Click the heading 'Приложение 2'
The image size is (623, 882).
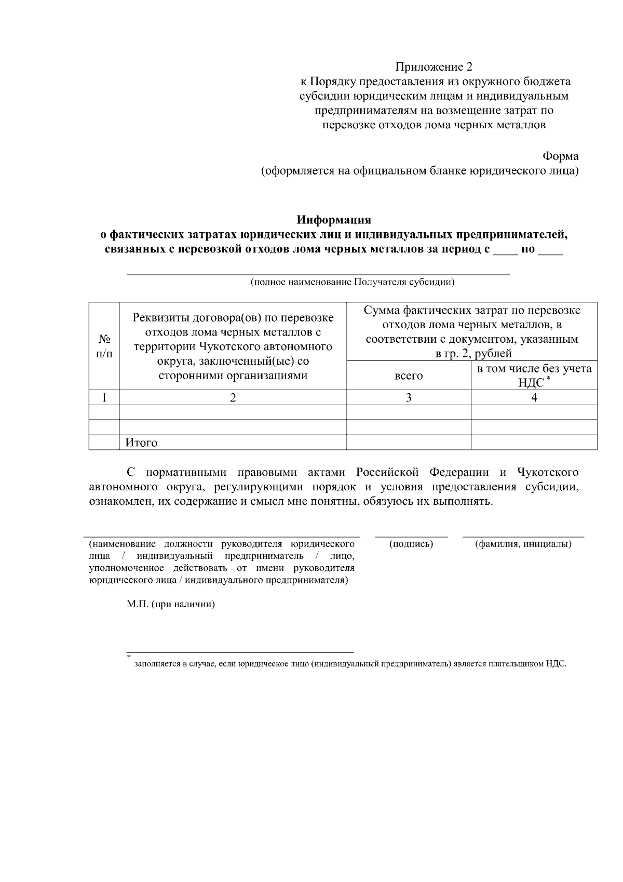click(434, 66)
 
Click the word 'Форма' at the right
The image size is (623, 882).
click(560, 156)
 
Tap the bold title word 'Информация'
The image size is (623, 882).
click(334, 220)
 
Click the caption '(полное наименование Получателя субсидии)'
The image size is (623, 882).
click(353, 282)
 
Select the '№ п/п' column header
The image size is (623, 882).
click(104, 346)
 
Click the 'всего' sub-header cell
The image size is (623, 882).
click(409, 376)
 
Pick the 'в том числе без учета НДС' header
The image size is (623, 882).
click(534, 375)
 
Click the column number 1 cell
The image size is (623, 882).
click(104, 397)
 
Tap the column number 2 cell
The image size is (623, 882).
click(233, 397)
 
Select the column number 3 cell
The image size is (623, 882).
click(409, 397)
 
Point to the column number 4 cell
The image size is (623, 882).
click(534, 397)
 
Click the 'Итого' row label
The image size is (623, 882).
click(141, 443)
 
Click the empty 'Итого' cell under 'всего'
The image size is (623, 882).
click(409, 443)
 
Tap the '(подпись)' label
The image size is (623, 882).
click(411, 544)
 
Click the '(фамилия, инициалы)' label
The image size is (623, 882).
click(523, 544)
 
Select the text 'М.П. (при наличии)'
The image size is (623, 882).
click(171, 605)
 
